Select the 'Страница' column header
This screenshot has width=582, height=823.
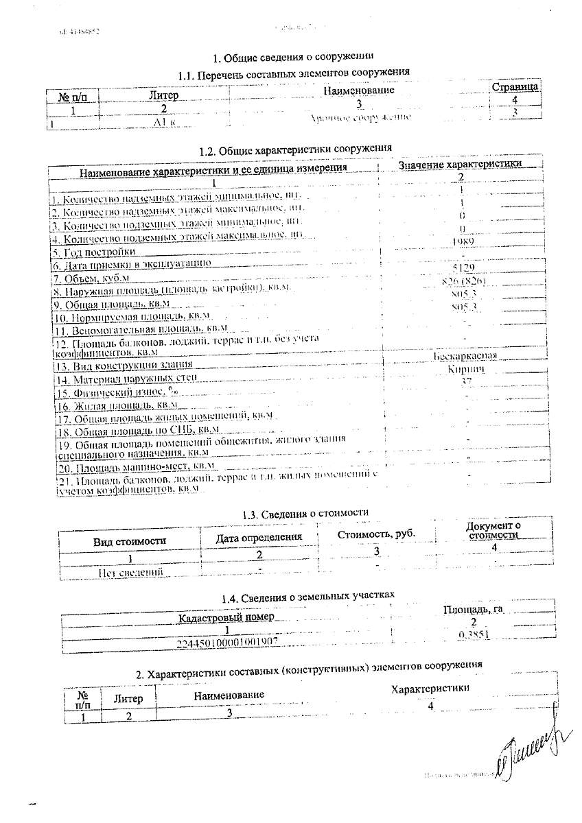click(515, 87)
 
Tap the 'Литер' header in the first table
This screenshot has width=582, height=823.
click(163, 96)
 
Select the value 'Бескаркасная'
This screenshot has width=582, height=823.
click(465, 357)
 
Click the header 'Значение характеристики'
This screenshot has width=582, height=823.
click(460, 164)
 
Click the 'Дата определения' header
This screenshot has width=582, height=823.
click(259, 537)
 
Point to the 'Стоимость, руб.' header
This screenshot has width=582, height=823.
click(376, 534)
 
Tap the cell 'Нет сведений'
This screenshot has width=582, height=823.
click(130, 571)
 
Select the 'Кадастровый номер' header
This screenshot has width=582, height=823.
click(226, 617)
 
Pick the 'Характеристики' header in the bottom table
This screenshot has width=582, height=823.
click(430, 688)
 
